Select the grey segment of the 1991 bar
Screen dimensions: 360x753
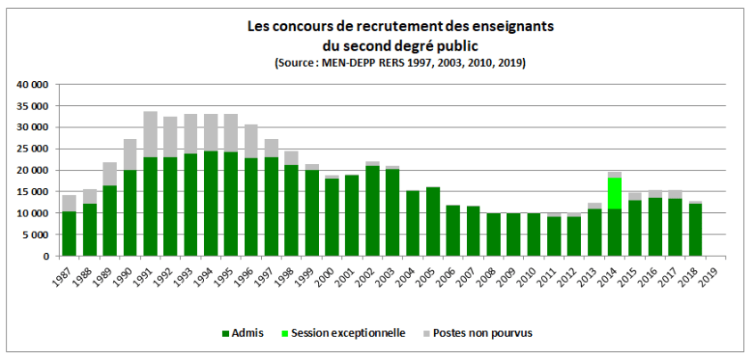(151, 135)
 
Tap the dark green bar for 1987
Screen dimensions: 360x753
(70, 234)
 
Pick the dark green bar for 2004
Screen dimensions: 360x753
(413, 224)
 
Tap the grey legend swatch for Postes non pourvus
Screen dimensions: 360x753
(427, 333)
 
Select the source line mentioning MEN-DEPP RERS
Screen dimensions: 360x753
(400, 62)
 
